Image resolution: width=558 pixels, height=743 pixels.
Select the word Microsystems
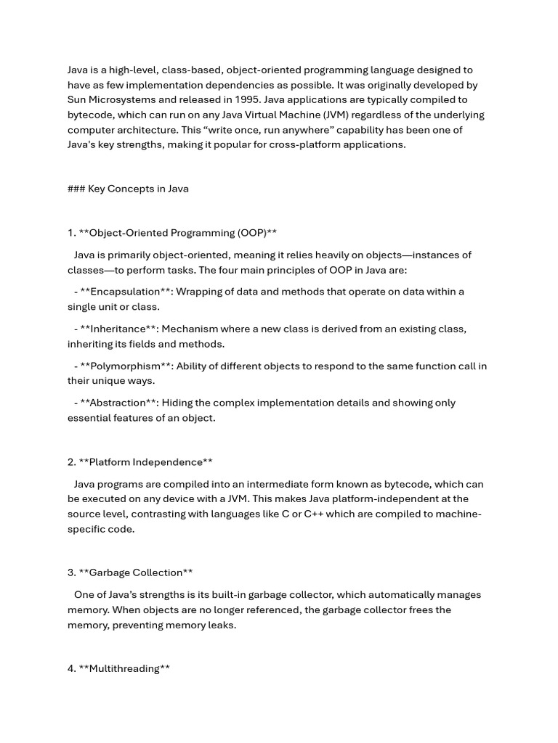(126, 99)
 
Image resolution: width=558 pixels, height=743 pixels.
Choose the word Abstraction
(118, 403)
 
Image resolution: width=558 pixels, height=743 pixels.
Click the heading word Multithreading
(124, 668)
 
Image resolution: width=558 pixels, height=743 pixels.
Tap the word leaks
(221, 625)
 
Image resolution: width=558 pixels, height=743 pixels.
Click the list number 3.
(71, 572)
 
